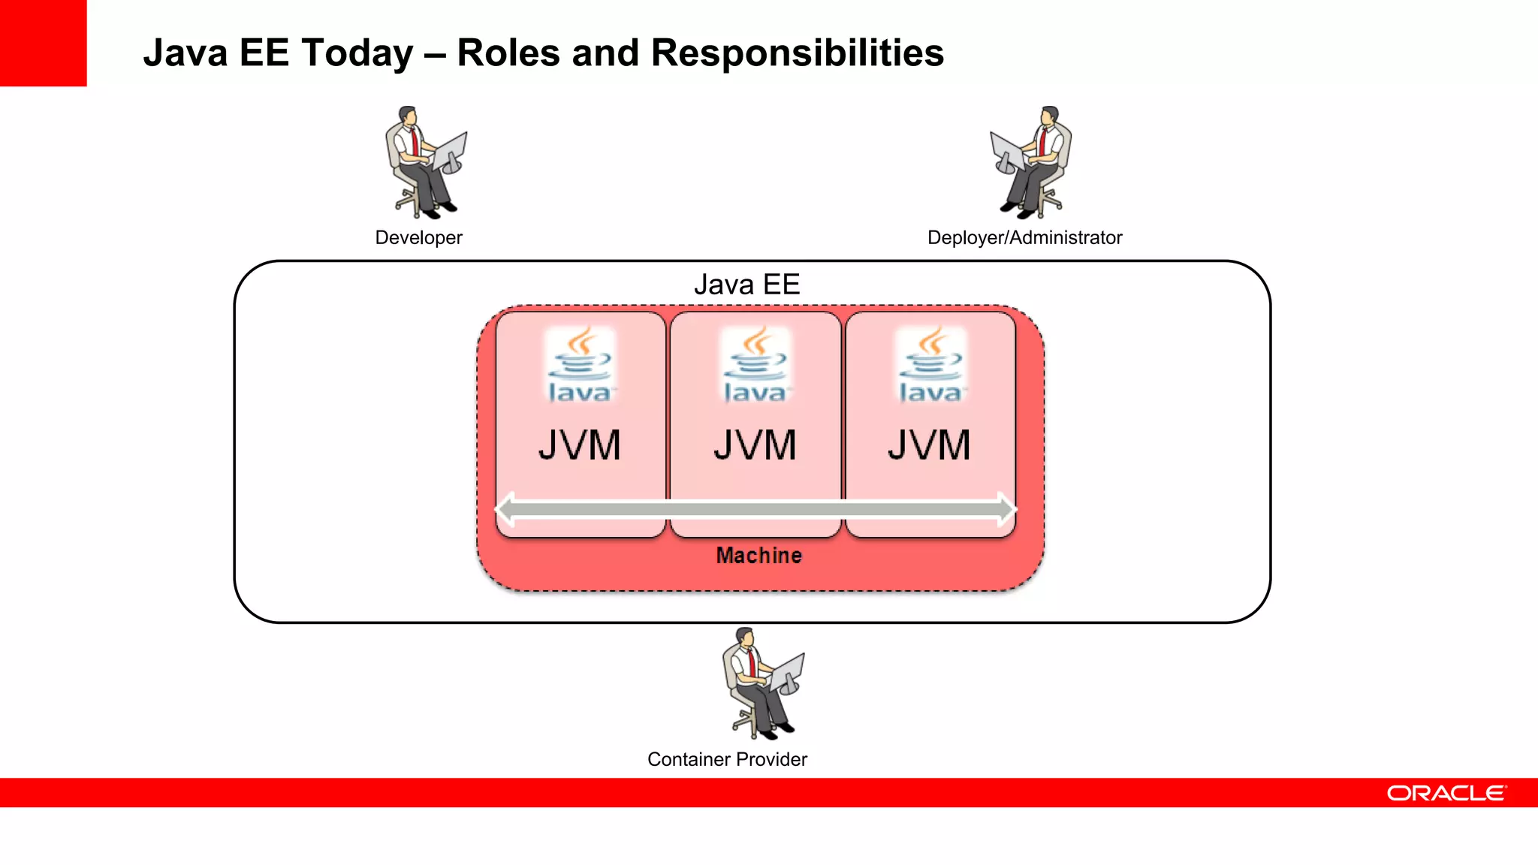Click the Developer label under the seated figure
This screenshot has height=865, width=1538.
click(418, 237)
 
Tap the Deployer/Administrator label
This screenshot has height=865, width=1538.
click(1024, 237)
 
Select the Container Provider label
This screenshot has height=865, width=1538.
click(727, 759)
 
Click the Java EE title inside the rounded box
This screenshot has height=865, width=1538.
click(746, 285)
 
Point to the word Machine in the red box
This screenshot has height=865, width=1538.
click(758, 556)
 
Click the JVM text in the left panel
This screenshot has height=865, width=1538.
click(580, 445)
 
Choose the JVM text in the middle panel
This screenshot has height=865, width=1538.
click(755, 445)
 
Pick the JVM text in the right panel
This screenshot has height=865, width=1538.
click(930, 445)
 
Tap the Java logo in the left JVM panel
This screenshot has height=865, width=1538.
click(580, 365)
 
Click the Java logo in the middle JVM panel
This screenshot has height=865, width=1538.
click(755, 365)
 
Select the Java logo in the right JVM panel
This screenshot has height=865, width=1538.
click(930, 365)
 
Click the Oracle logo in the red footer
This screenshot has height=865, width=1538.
click(1446, 793)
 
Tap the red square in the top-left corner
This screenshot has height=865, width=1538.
click(43, 43)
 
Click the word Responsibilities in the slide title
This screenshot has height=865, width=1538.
click(797, 53)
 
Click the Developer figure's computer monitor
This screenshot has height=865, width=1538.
click(451, 151)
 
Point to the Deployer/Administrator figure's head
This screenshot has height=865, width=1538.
click(1050, 116)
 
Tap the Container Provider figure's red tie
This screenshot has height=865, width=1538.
click(751, 662)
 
